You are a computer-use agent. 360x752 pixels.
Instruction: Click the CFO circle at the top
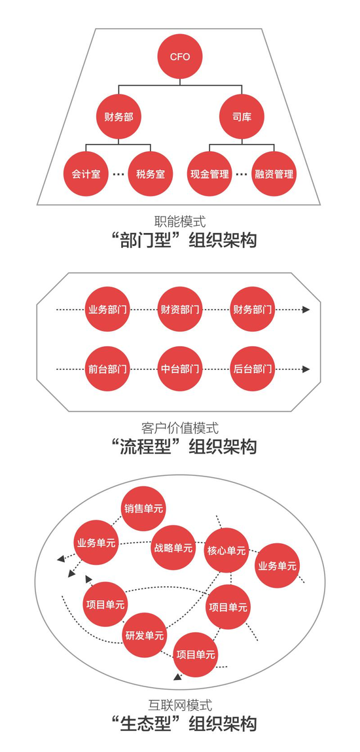click(180, 57)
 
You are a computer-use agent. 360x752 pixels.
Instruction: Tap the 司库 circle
click(242, 116)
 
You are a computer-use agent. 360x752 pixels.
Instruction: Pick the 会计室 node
click(86, 173)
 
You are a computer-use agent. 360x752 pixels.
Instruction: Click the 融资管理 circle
click(274, 173)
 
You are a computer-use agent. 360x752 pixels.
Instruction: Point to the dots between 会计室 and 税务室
click(118, 174)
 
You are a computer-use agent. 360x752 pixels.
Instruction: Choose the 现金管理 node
click(209, 173)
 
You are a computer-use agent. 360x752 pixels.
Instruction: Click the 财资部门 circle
click(180, 310)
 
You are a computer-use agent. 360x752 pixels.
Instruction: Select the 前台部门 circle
click(108, 369)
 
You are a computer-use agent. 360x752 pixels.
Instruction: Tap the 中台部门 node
click(180, 369)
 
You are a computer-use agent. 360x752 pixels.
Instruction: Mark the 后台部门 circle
click(252, 369)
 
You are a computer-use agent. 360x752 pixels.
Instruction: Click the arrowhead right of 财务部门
click(306, 310)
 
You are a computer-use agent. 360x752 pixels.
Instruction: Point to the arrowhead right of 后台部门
click(306, 369)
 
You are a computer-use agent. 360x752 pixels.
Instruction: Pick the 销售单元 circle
click(143, 509)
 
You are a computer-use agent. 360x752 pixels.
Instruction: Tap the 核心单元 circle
click(226, 550)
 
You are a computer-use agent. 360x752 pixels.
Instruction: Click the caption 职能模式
click(180, 222)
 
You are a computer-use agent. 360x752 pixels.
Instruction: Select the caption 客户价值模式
click(180, 427)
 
